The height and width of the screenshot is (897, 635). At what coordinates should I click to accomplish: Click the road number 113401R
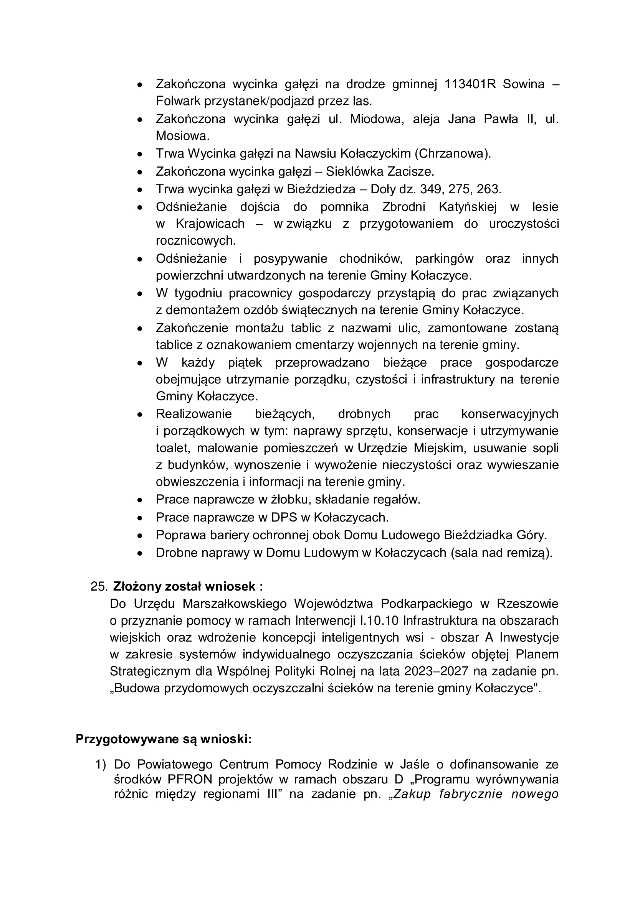coord(470,84)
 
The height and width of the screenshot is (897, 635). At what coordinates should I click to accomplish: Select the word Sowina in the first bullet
coord(524,84)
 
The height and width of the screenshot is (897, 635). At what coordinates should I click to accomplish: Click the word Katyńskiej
coord(468,206)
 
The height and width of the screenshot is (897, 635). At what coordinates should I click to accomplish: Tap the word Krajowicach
coord(210,224)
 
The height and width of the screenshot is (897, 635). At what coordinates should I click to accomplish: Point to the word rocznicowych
coord(195,241)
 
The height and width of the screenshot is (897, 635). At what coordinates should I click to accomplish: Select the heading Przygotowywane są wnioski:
coord(164,739)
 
